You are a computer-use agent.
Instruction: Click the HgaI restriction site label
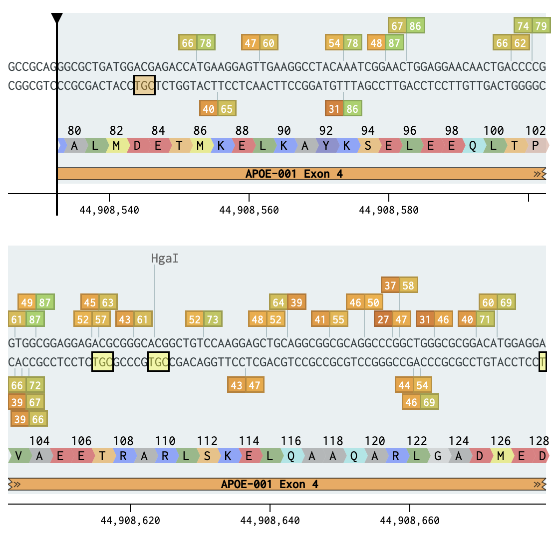[x=165, y=259]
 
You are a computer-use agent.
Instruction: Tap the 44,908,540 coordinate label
[x=109, y=210]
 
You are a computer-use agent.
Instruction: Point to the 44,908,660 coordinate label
[x=410, y=521]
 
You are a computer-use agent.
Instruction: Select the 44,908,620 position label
[x=130, y=521]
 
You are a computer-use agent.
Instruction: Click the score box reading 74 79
[x=532, y=25]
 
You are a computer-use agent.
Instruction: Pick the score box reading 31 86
[x=343, y=108]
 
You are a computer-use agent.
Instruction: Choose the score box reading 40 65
[x=218, y=108]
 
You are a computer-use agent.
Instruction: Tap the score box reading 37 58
[x=399, y=285]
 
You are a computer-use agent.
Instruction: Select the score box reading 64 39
[x=287, y=302]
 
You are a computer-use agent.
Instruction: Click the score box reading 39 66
[x=29, y=419]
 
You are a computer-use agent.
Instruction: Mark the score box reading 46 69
[x=420, y=402]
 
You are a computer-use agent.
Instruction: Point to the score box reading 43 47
[x=246, y=385]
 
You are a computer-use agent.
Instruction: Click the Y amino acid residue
[x=326, y=145]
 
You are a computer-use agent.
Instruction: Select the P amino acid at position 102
[x=536, y=145]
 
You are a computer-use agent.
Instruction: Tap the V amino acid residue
[x=18, y=456]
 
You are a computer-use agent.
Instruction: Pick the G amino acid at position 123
[x=438, y=456]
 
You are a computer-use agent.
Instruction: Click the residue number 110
[x=165, y=441]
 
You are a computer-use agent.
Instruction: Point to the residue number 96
[x=410, y=130]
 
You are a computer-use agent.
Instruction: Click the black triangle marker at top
[x=57, y=18]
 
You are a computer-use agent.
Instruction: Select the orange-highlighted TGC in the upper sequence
[x=144, y=85]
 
